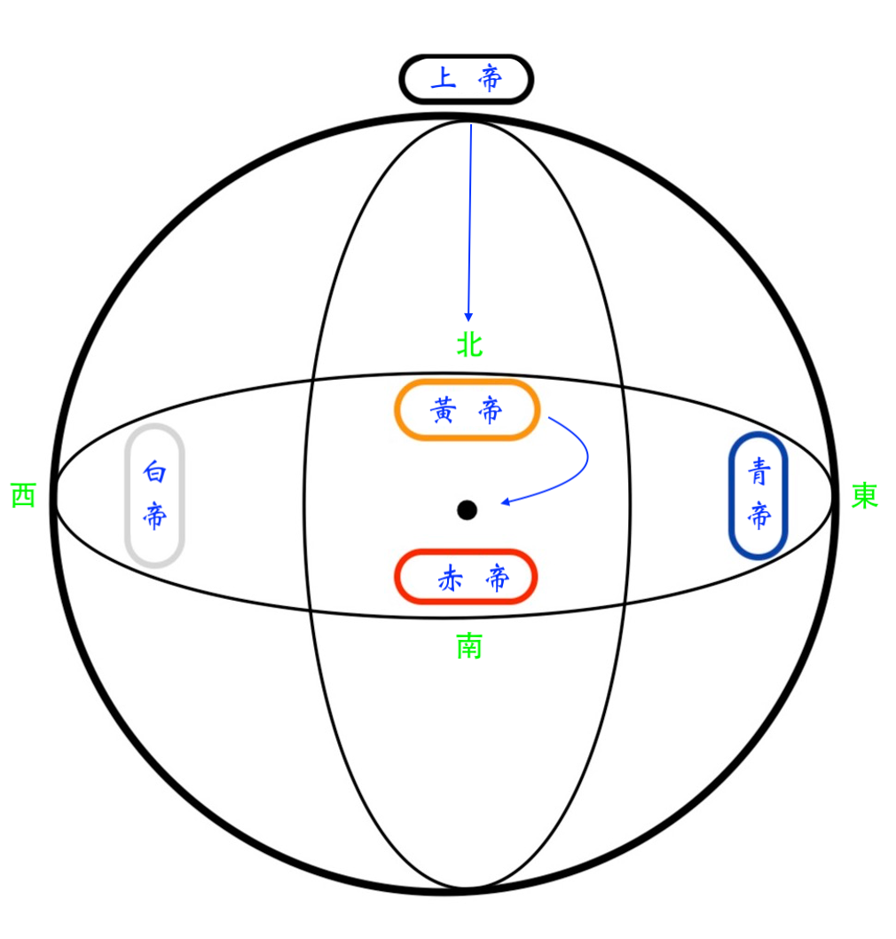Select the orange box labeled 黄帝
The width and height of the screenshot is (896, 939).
(x=467, y=382)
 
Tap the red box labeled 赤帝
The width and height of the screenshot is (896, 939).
(x=465, y=551)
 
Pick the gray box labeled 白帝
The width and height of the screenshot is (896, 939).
(x=128, y=494)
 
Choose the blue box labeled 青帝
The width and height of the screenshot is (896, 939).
(x=731, y=494)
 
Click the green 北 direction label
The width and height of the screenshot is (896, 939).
(x=469, y=345)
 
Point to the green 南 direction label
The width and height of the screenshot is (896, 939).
(x=469, y=646)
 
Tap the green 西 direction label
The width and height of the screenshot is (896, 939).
(x=24, y=495)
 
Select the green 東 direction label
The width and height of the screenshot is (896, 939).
(x=865, y=495)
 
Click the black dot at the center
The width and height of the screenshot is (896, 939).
(x=467, y=510)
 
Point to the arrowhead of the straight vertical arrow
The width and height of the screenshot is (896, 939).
(x=468, y=318)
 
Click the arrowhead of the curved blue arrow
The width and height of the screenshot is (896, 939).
(x=505, y=501)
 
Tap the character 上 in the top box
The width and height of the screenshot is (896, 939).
(x=444, y=78)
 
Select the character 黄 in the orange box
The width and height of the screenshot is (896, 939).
(x=444, y=410)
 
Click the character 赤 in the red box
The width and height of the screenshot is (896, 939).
(x=450, y=579)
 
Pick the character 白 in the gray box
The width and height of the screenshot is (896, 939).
(x=154, y=471)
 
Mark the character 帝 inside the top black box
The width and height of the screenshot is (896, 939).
(x=490, y=78)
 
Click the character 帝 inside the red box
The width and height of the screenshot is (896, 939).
(x=498, y=579)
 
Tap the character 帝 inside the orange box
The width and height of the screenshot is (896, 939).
(x=491, y=411)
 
